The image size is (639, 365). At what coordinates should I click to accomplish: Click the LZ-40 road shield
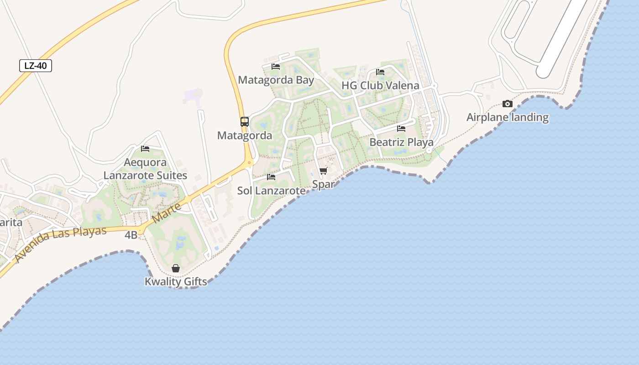[x=36, y=66]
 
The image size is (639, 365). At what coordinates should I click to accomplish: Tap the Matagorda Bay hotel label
[x=276, y=80]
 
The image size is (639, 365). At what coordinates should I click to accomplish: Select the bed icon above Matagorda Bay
[x=276, y=66]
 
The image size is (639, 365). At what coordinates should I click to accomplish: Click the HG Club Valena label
[x=380, y=86]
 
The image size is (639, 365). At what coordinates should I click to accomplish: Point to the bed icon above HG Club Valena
[x=380, y=72]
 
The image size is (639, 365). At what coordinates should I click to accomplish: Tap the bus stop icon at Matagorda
[x=245, y=121]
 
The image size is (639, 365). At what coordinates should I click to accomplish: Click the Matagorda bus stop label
[x=245, y=136]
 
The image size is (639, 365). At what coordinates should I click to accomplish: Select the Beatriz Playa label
[x=401, y=142]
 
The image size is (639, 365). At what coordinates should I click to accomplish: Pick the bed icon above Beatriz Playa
[x=401, y=128]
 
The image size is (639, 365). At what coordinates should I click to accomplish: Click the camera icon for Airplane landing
[x=507, y=104]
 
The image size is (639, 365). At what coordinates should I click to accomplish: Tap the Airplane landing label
[x=507, y=117]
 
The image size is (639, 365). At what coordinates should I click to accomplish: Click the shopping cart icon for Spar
[x=324, y=171]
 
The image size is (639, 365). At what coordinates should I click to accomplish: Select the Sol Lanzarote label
[x=271, y=191]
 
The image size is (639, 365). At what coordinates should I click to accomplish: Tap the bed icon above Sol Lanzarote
[x=271, y=177]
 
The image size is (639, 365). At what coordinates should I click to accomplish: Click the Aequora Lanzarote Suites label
[x=145, y=169]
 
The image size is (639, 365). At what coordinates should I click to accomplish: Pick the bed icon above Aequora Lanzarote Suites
[x=145, y=148]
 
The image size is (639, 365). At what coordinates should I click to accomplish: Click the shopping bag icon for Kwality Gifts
[x=176, y=268]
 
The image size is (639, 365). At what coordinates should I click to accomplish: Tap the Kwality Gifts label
[x=176, y=282]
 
